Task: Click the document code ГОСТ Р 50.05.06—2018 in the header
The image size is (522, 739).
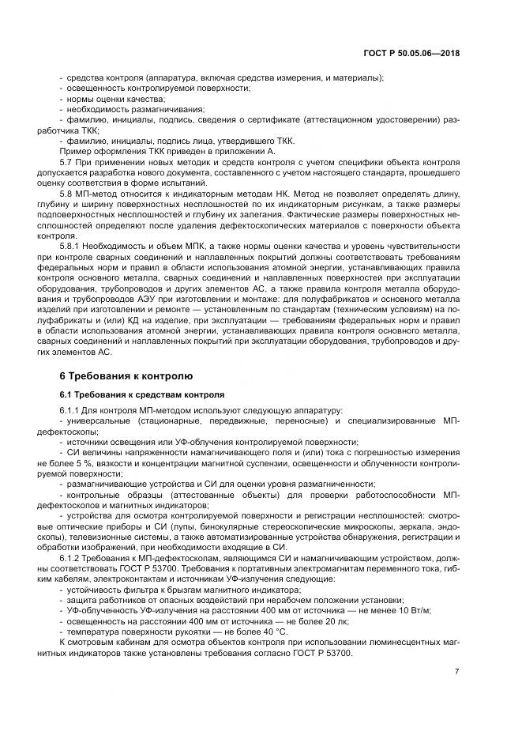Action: click(422, 53)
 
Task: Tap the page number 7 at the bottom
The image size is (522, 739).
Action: click(456, 672)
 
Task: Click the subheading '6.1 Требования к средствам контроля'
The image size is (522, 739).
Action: click(142, 393)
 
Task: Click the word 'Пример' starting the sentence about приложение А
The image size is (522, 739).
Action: click(73, 150)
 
